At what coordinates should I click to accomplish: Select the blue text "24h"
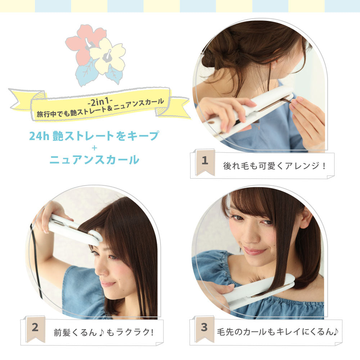point(39,136)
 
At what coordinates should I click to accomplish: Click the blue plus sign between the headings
point(94,148)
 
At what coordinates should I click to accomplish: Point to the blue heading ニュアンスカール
point(94,159)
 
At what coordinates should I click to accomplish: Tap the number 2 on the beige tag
point(35,327)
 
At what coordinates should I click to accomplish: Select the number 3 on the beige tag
point(204,327)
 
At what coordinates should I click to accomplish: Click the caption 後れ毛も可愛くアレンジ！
point(274,166)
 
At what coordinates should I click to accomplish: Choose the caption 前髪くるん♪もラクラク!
point(104,332)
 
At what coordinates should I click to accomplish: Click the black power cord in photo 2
point(36,264)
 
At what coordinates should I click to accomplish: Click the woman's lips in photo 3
point(254,251)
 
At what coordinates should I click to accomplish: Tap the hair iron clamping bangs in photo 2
point(75,230)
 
